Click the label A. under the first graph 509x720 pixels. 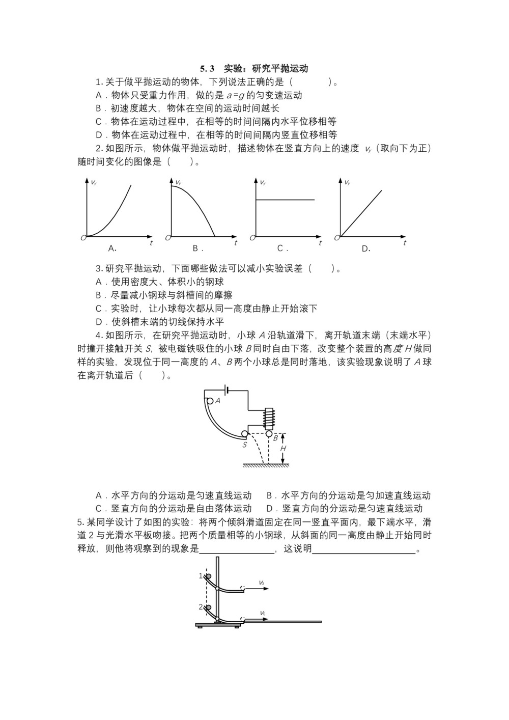[112, 249]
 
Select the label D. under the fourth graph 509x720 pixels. [366, 249]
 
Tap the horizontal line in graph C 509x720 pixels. [285, 200]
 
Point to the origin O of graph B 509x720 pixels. [167, 238]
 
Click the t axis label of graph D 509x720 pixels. [405, 243]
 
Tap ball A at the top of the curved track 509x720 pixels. [210, 401]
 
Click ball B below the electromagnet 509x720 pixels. [269, 434]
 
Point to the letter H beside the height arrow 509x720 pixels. [284, 449]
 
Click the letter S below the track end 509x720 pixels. [245, 445]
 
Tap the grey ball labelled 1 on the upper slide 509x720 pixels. [207, 576]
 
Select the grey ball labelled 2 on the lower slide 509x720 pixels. [207, 607]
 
